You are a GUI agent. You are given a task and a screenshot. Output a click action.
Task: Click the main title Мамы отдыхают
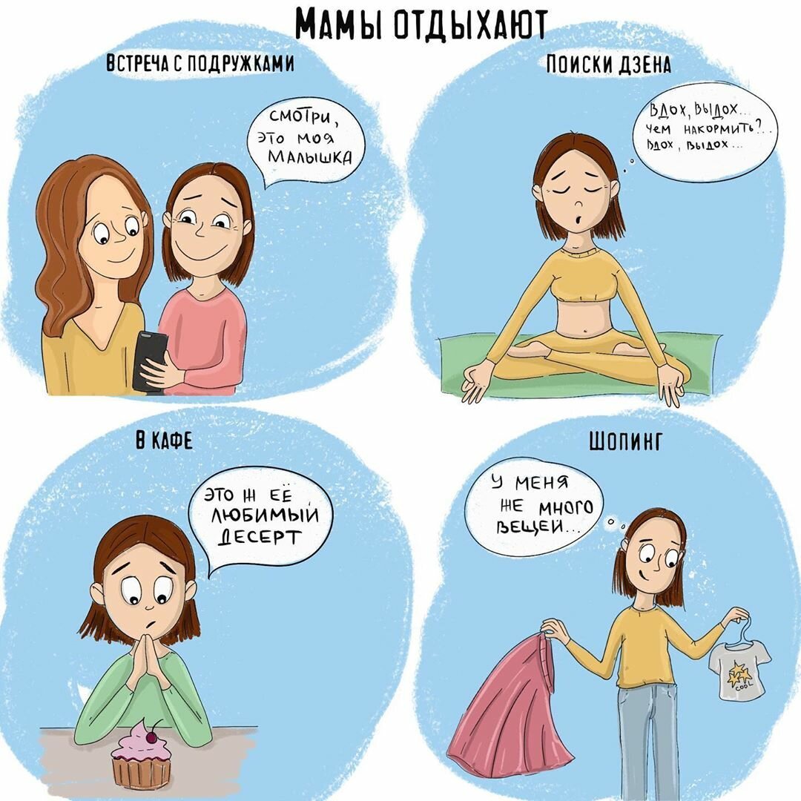pos(421,24)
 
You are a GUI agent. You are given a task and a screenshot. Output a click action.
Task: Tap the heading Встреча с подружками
pos(200,64)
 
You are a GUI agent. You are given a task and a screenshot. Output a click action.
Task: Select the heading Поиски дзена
pos(608,65)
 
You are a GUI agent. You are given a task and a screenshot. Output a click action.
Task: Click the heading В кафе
pos(164,442)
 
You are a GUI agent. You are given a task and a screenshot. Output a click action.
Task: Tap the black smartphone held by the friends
pos(149,359)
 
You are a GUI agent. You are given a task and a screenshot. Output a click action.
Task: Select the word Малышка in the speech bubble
pos(306,156)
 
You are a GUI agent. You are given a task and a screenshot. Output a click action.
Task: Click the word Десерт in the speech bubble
pos(259,536)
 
